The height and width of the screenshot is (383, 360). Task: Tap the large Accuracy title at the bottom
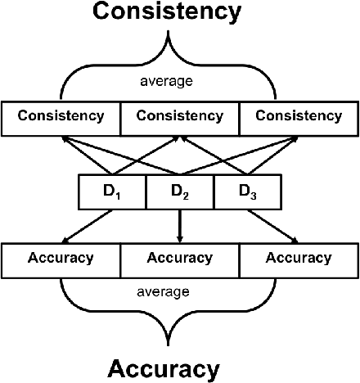[x=164, y=367]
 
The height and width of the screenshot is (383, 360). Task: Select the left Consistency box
[x=61, y=117]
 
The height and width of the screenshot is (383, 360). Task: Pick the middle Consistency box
[x=179, y=117]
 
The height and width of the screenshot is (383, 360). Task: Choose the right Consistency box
[x=299, y=117]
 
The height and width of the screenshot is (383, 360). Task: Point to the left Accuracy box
[x=61, y=259]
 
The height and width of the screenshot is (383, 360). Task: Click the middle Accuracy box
[x=179, y=259]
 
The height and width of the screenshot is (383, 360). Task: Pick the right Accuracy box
[x=299, y=259]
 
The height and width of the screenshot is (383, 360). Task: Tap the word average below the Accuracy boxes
[x=164, y=291]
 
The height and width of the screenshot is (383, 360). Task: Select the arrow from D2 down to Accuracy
[x=179, y=225]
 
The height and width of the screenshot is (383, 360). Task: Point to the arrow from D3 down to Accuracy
[x=273, y=225]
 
